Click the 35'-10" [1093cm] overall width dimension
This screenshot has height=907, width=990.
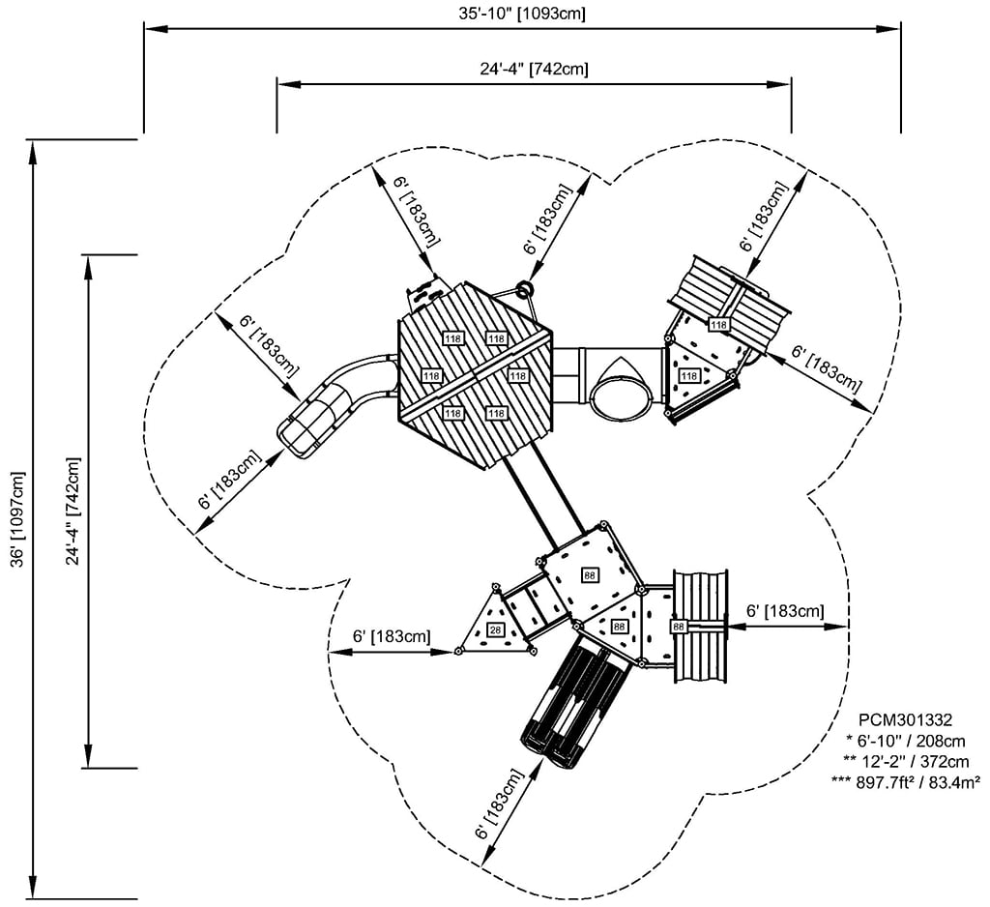coord(522,14)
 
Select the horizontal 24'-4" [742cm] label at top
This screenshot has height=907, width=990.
coord(534,69)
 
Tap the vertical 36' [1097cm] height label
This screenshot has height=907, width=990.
coord(18,520)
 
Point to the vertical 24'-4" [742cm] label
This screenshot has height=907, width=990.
coord(73,511)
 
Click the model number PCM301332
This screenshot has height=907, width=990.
coord(905,719)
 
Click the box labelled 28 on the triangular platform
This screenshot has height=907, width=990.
coord(496,629)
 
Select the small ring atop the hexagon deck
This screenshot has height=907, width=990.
coord(524,290)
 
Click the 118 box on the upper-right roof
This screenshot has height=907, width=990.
coord(719,325)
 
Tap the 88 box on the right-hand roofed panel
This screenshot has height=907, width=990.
coord(678,627)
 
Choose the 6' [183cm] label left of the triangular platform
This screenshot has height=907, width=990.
coord(392,636)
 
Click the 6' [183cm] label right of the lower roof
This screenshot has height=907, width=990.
coord(785,611)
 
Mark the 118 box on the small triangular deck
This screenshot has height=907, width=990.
coord(688,376)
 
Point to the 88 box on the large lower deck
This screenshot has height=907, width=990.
coord(590,575)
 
